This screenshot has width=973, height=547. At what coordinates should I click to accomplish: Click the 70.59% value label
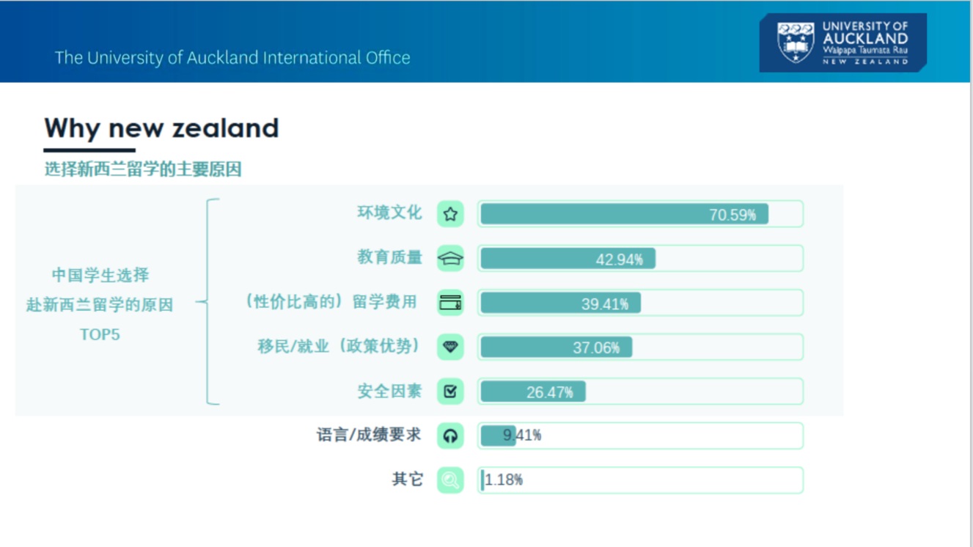pyautogui.click(x=732, y=215)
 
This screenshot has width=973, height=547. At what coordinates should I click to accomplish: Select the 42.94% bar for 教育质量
pyautogui.click(x=568, y=259)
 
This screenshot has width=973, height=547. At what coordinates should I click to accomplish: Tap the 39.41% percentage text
pyautogui.click(x=605, y=304)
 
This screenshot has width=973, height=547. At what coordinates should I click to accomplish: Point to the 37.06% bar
pyautogui.click(x=557, y=347)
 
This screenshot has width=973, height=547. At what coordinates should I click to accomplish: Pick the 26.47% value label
pyautogui.click(x=549, y=392)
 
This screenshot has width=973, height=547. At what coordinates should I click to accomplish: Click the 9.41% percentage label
pyautogui.click(x=521, y=435)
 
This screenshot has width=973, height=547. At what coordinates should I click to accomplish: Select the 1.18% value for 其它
pyautogui.click(x=504, y=480)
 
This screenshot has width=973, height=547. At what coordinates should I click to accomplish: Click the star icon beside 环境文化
pyautogui.click(x=450, y=214)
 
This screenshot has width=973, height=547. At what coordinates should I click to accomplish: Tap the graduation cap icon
pyautogui.click(x=450, y=259)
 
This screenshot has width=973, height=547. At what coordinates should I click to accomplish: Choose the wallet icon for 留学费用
pyautogui.click(x=450, y=302)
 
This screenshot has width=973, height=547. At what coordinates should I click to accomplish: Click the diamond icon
pyautogui.click(x=450, y=347)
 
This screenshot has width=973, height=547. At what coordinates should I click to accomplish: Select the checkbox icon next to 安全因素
pyautogui.click(x=450, y=391)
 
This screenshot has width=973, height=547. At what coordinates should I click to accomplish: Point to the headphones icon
pyautogui.click(x=450, y=436)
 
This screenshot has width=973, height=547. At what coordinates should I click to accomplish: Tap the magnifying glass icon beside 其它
pyautogui.click(x=450, y=480)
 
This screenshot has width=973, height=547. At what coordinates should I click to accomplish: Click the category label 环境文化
pyautogui.click(x=389, y=213)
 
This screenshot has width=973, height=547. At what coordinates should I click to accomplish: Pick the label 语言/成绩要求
pyautogui.click(x=369, y=435)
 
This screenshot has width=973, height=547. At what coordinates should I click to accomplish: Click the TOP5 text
pyautogui.click(x=100, y=334)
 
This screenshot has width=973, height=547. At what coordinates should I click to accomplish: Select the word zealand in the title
pyautogui.click(x=225, y=128)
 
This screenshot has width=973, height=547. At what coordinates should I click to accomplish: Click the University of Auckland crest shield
pyautogui.click(x=796, y=43)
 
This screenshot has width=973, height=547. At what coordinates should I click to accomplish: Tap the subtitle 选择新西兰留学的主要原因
pyautogui.click(x=143, y=169)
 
